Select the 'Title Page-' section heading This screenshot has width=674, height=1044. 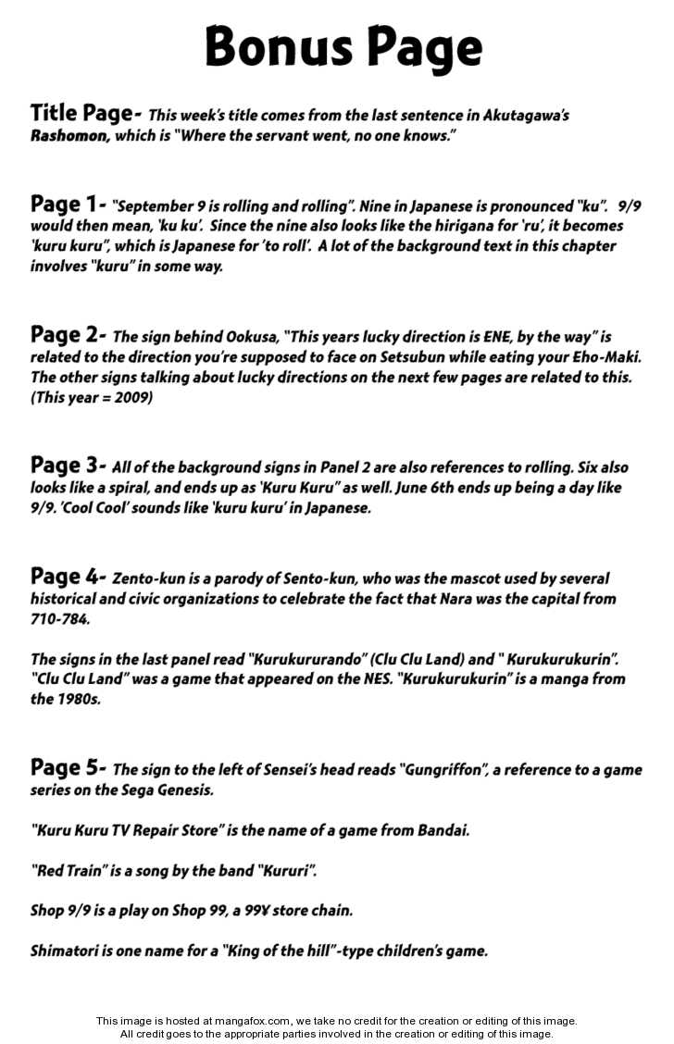[85, 114]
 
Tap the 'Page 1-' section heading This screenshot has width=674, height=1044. [68, 205]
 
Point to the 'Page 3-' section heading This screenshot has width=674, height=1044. [68, 465]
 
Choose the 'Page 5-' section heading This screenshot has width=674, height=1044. [68, 767]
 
